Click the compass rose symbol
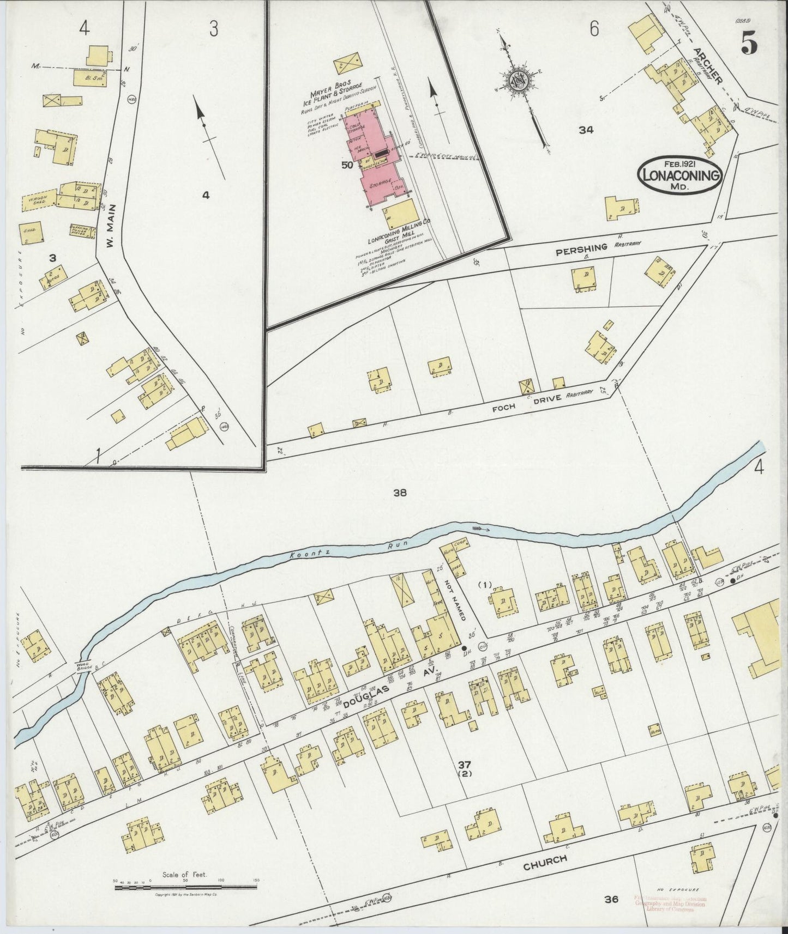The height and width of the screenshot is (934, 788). click(x=518, y=81)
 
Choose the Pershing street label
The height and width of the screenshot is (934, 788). click(x=581, y=248)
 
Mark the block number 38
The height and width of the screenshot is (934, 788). click(x=401, y=493)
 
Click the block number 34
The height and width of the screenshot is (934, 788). click(x=586, y=130)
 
